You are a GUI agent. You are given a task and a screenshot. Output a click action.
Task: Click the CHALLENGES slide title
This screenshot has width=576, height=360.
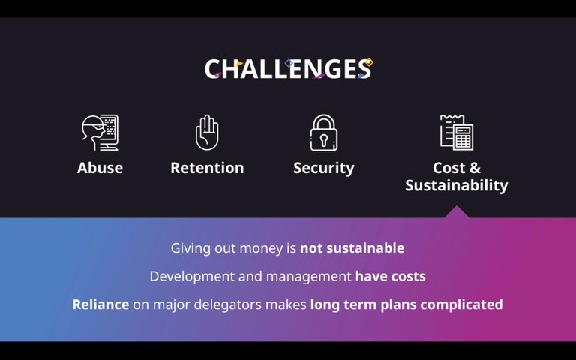289,69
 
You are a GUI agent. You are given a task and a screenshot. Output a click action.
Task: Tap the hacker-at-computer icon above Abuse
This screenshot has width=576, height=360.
100,133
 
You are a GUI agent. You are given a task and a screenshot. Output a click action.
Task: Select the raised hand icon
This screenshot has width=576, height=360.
207,133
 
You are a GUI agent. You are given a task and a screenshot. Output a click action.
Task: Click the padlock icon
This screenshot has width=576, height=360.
324,133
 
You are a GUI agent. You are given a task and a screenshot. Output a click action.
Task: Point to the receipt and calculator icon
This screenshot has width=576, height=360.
457,132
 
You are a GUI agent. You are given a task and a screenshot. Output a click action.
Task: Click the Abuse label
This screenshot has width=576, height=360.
100,168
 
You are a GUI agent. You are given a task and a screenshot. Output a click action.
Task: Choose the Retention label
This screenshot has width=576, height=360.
207,168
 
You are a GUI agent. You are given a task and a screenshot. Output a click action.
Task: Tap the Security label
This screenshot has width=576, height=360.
324,169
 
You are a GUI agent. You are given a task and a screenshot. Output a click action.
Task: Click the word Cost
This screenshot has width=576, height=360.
449,168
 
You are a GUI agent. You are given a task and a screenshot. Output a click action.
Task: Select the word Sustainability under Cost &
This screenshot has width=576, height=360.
457,185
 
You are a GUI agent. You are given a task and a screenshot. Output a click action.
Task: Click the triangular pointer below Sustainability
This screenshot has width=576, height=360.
457,212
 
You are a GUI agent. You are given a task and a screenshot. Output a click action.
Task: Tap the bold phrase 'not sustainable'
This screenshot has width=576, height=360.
352,248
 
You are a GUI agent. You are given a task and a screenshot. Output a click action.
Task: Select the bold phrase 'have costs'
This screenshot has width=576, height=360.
391,276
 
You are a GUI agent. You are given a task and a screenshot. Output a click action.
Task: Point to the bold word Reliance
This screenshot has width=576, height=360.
100,304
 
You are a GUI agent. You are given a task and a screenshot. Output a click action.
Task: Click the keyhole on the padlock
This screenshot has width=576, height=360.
324,139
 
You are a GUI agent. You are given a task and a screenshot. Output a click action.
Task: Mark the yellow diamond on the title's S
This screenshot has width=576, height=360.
369,62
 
